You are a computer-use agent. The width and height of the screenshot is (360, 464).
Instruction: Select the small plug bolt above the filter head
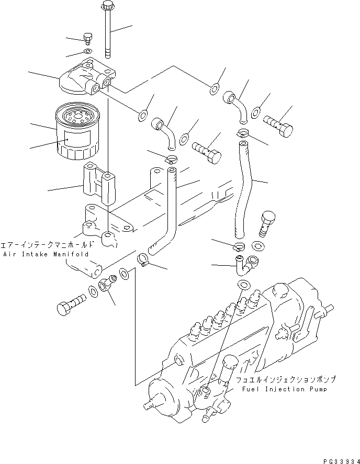click(x=87, y=38)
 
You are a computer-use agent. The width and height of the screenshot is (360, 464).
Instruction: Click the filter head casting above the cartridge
click(x=84, y=78)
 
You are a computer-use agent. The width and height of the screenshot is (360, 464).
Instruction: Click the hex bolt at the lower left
click(x=67, y=305)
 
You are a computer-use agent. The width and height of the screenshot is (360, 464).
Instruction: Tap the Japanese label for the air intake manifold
click(x=47, y=244)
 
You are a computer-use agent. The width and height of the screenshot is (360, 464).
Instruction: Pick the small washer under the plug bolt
click(x=87, y=51)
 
